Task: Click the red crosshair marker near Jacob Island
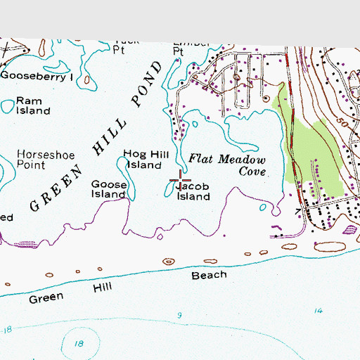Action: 181,181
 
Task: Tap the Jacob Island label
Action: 193,193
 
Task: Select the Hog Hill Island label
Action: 143,159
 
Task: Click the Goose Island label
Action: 109,188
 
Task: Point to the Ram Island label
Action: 33,105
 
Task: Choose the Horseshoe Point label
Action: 41,160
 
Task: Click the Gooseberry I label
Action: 36,76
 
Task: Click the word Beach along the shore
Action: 209,275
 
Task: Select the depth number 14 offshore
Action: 319,310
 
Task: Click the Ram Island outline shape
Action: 8,106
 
